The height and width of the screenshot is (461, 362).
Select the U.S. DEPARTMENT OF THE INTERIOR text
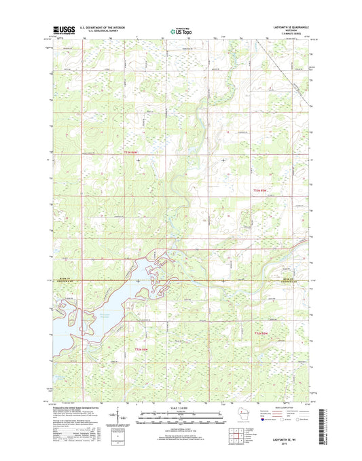point(102,27)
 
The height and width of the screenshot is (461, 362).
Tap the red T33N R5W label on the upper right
point(261,191)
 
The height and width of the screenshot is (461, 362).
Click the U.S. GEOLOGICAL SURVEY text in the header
point(102,32)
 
